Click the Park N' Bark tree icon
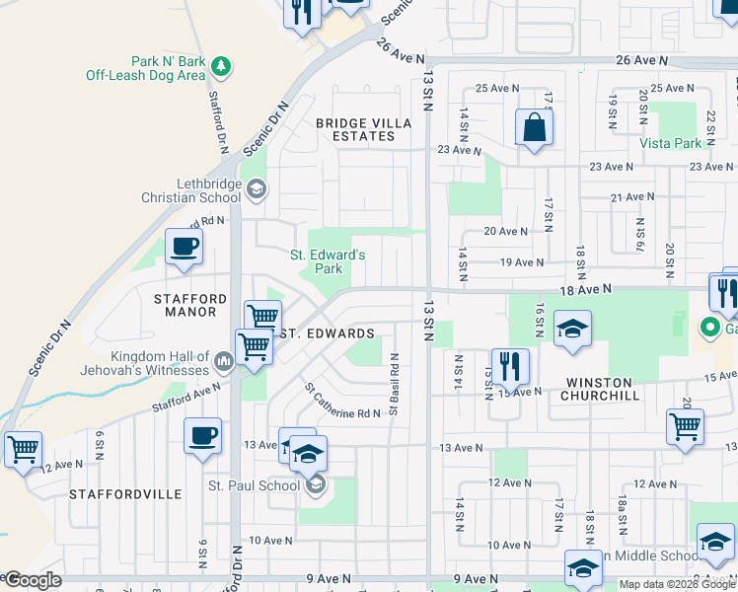click(222, 67)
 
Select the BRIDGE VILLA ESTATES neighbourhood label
click(355, 130)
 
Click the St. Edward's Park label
click(328, 261)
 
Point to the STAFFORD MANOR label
click(190, 305)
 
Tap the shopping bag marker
click(534, 128)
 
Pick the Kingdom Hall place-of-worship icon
click(224, 364)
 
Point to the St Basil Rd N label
click(393, 384)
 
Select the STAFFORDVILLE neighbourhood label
click(125, 493)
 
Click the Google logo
click(33, 581)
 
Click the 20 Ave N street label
click(506, 231)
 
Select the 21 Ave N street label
click(632, 197)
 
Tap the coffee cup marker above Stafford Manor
click(184, 248)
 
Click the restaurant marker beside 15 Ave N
click(509, 367)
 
